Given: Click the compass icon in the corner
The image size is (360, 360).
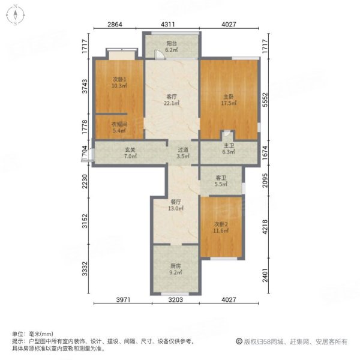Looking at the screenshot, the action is (16, 15).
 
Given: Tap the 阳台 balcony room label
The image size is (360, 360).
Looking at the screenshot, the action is (172, 47).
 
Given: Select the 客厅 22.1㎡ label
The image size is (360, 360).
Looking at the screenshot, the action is (172, 100).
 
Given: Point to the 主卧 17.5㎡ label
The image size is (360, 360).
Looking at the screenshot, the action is (229, 100).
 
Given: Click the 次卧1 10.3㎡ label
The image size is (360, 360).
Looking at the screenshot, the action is (119, 83).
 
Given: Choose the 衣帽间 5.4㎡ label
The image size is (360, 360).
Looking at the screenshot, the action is (119, 128).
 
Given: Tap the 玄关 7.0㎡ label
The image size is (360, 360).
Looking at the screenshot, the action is (130, 153).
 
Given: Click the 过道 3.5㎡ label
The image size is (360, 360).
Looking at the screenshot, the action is (183, 153).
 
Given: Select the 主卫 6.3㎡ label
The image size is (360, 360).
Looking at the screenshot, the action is (229, 149).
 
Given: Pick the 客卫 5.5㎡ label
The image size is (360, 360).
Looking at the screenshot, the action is (221, 181).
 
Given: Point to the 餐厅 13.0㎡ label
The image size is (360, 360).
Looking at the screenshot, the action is (176, 205).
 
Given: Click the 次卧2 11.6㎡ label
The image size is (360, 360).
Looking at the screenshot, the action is (221, 227).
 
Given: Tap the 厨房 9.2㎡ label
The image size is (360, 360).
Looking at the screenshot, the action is (176, 269).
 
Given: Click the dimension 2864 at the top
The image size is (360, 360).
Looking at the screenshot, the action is (115, 25).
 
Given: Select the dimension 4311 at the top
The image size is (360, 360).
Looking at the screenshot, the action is (168, 25).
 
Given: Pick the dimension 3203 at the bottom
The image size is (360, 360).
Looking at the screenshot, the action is (176, 299).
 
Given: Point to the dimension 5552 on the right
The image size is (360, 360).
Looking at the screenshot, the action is (265, 100).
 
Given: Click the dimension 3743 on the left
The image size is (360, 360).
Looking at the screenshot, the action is (85, 86).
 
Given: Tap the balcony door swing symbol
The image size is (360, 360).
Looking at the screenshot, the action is (158, 55).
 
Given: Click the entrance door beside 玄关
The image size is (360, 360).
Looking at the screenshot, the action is (87, 155).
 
